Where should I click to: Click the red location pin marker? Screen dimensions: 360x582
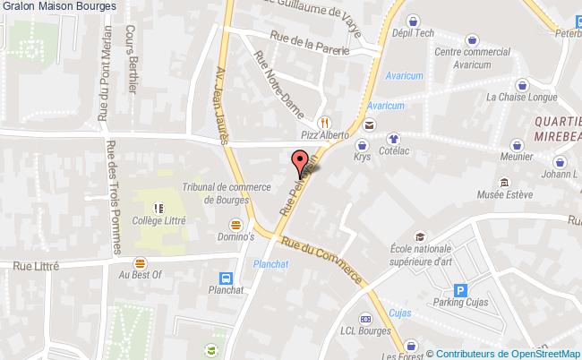tap(299, 163)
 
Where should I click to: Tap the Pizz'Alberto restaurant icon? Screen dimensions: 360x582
tap(323, 123)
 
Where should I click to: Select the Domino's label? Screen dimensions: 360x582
tap(236, 237)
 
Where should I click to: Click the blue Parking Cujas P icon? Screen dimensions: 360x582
tap(461, 290)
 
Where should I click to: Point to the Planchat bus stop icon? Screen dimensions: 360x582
tap(227, 278)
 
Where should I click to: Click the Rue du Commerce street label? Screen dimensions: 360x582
tap(323, 261)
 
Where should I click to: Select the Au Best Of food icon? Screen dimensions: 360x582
tap(139, 263)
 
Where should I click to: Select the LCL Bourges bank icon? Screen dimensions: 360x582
tap(365, 319)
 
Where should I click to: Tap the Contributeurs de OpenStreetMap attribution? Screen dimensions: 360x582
tap(502, 353)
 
